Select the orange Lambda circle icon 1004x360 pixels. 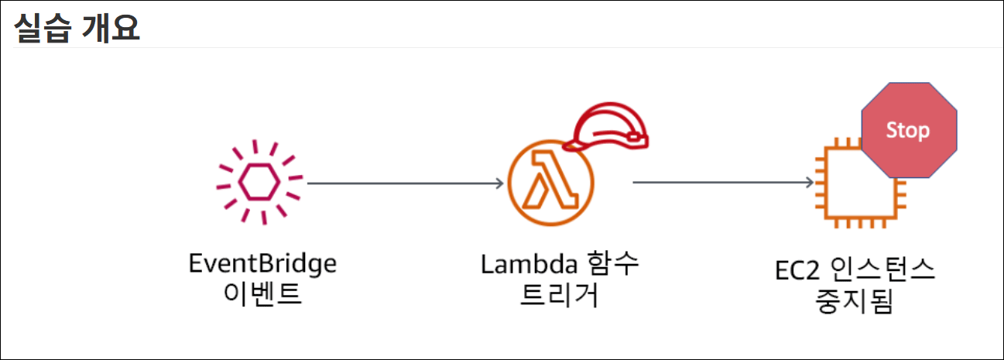(550, 184)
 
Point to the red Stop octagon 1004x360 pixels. (908, 130)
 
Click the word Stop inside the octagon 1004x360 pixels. (908, 129)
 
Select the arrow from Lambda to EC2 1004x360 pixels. (722, 183)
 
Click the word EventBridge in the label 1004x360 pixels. (262, 264)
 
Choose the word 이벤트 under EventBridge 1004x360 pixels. (262, 295)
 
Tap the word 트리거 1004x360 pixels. (560, 295)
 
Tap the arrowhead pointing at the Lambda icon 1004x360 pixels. (499, 183)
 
